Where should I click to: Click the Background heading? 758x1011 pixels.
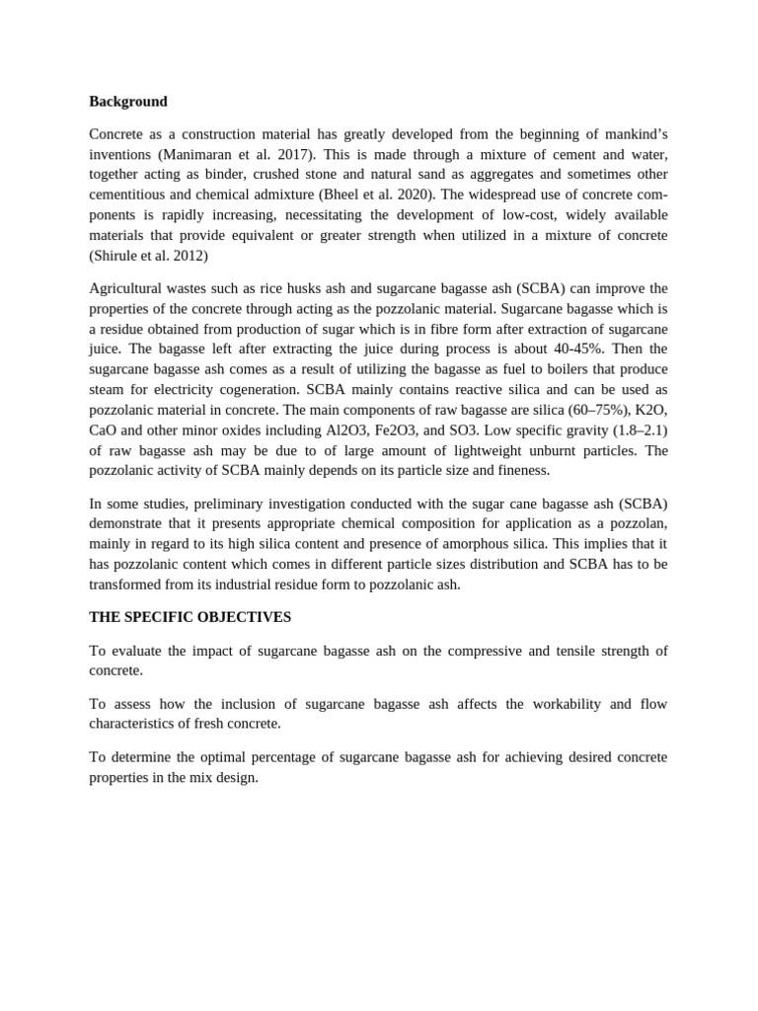[x=128, y=101]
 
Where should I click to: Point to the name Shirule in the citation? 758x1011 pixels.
[x=117, y=256]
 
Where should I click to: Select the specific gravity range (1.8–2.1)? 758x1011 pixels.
[x=631, y=429]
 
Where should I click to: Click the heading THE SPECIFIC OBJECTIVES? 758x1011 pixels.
[x=190, y=616]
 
